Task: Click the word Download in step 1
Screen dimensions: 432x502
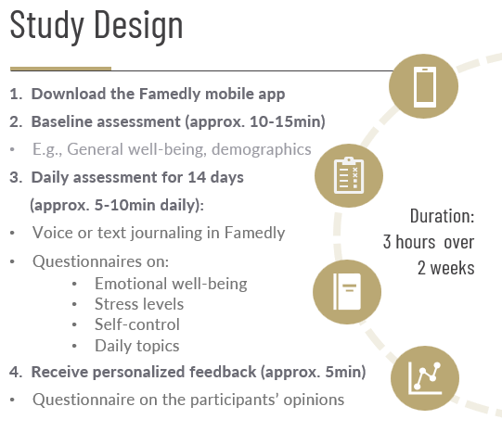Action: point(70,94)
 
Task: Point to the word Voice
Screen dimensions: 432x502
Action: point(52,233)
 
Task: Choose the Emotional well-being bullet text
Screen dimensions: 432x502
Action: point(171,284)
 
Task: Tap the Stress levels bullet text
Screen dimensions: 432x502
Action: point(139,304)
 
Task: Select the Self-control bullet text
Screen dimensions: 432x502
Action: point(137,324)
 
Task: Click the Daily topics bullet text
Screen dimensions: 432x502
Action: point(137,346)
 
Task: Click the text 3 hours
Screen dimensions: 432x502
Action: point(412,242)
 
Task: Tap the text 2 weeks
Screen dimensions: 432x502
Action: point(445,268)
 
